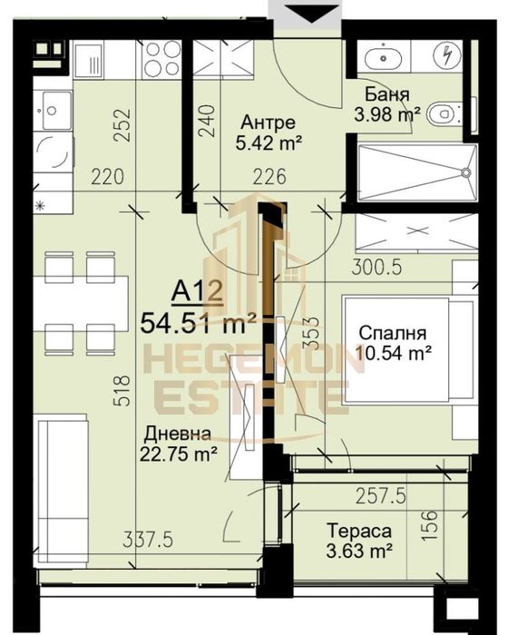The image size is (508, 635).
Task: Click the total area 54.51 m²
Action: [198, 319]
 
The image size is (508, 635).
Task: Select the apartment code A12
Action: [197, 292]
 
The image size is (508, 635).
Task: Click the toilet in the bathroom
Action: [442, 114]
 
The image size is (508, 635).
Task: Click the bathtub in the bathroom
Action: [414, 173]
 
